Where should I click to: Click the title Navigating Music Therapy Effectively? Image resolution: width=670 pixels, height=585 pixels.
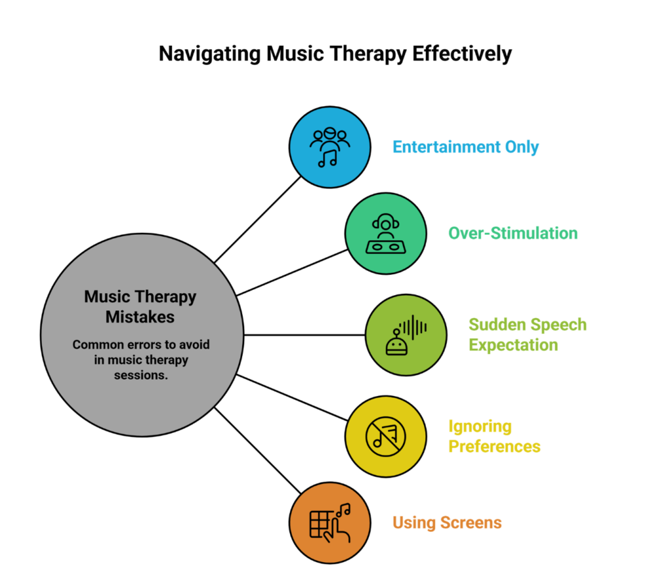pyautogui.click(x=335, y=54)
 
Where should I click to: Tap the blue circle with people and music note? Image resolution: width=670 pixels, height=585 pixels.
pyautogui.click(x=330, y=147)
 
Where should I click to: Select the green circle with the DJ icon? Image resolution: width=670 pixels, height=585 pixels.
pyautogui.click(x=386, y=234)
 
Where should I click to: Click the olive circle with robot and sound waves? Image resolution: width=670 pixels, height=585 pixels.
pyautogui.click(x=406, y=334)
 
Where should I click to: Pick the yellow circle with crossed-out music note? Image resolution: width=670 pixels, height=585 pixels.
pyautogui.click(x=386, y=435)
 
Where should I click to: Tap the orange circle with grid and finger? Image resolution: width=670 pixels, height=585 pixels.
pyautogui.click(x=330, y=523)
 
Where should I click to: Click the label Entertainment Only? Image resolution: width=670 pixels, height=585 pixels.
pyautogui.click(x=465, y=147)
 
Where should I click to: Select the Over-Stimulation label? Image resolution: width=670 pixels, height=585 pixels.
pyautogui.click(x=512, y=233)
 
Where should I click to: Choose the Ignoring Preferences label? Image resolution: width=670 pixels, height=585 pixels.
pyautogui.click(x=494, y=436)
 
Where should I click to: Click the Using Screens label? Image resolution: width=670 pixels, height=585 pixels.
pyautogui.click(x=447, y=523)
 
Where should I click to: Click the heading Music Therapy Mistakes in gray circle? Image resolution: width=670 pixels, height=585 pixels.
pyautogui.click(x=140, y=306)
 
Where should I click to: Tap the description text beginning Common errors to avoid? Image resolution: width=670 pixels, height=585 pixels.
pyautogui.click(x=140, y=361)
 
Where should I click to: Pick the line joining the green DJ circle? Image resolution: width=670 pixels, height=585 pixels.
pyautogui.click(x=291, y=272)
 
